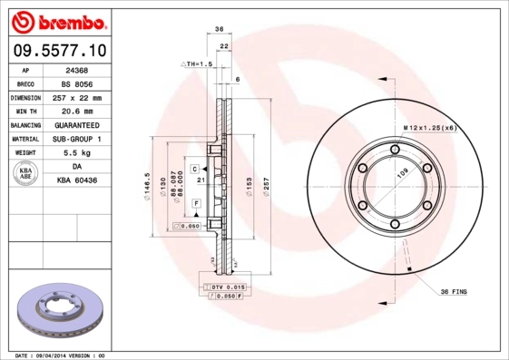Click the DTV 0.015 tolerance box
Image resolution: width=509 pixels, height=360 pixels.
pos(228,287)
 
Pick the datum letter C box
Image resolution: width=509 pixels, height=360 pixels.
pos(194,170)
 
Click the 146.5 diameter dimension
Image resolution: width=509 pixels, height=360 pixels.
pos(147,185)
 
